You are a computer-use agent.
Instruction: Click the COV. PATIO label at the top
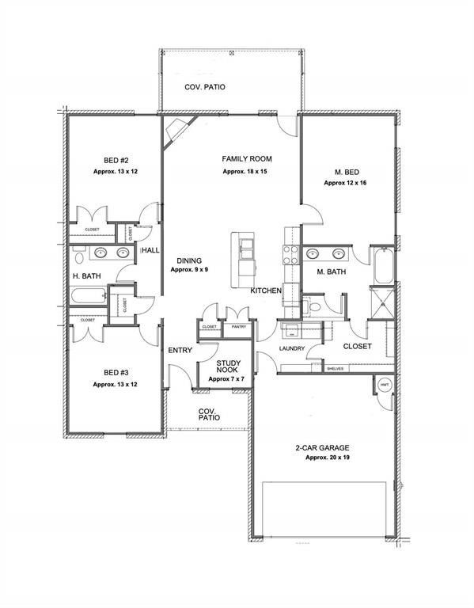[x=205, y=87]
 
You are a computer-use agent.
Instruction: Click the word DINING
[x=189, y=260]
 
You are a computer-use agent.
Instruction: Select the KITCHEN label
[x=267, y=291]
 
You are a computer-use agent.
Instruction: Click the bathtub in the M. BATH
[x=381, y=268]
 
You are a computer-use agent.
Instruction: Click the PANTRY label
[x=237, y=326]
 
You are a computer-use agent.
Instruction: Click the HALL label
[x=150, y=250]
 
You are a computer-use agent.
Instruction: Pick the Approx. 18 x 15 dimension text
[x=247, y=171]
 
